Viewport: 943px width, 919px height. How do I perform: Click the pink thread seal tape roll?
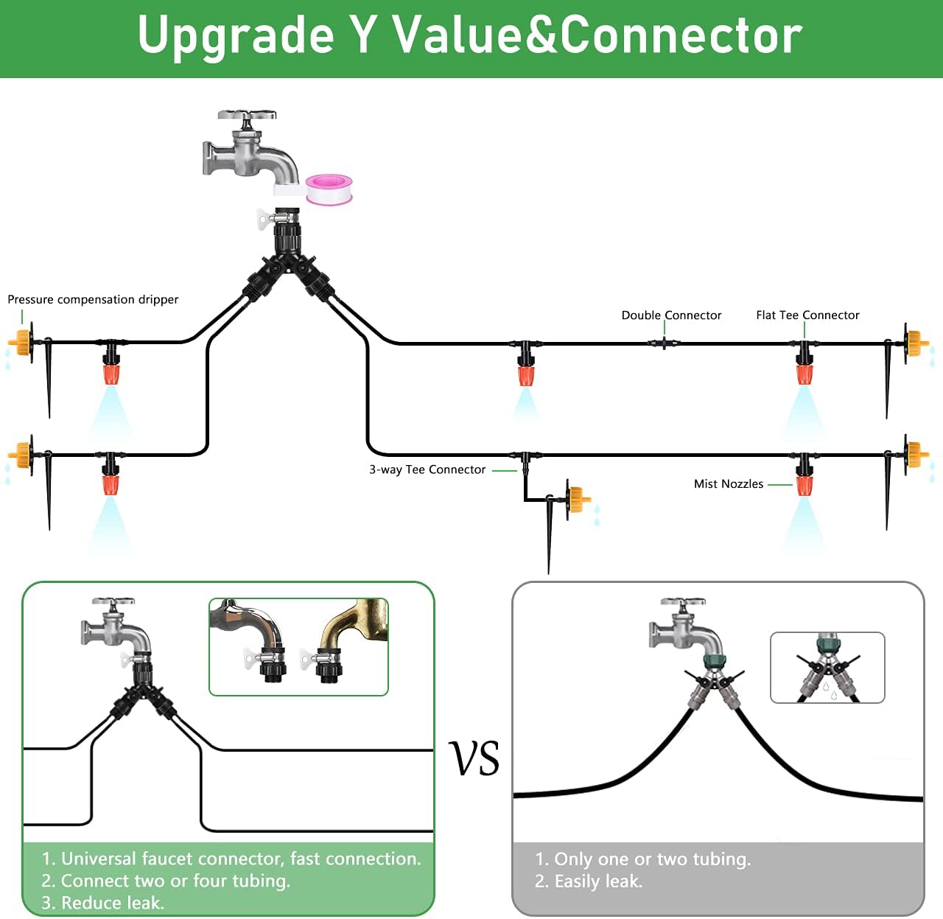[329, 189]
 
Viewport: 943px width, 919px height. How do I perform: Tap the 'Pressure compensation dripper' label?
[93, 299]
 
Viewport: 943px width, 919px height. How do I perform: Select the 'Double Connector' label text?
[671, 315]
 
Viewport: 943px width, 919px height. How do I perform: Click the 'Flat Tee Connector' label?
[807, 315]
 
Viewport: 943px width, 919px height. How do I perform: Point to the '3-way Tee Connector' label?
[427, 469]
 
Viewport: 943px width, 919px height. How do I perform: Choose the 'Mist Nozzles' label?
[729, 483]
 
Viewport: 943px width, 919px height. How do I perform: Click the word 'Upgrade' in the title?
[236, 36]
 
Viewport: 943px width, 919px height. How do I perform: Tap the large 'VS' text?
[474, 758]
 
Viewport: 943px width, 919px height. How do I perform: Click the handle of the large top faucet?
[247, 115]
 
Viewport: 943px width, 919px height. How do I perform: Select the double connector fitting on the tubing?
[664, 343]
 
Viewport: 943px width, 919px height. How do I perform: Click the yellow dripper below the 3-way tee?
[578, 499]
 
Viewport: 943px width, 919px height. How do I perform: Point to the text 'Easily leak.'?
[598, 881]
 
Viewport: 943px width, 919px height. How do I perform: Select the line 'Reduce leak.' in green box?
[113, 903]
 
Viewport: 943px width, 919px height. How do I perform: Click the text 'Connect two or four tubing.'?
[175, 880]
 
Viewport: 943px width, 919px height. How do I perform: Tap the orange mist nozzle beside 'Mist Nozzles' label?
[804, 485]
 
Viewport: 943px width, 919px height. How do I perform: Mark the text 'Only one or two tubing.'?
[652, 859]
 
